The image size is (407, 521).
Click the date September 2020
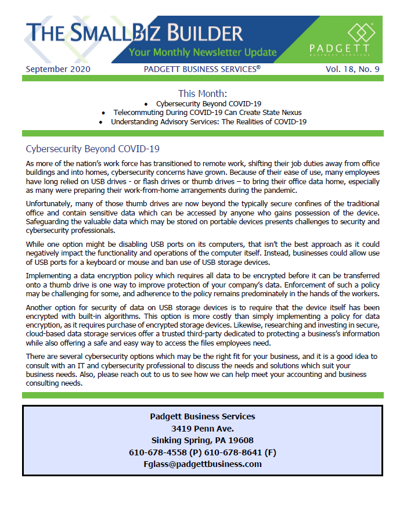[58, 70]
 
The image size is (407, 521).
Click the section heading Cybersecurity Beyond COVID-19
[93, 149]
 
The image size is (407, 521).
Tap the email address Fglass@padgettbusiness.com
[202, 464]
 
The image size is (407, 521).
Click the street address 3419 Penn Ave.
[202, 428]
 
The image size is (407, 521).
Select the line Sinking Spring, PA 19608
[202, 440]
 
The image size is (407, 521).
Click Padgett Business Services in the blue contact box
[202, 416]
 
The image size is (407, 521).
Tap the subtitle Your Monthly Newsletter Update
[203, 52]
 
